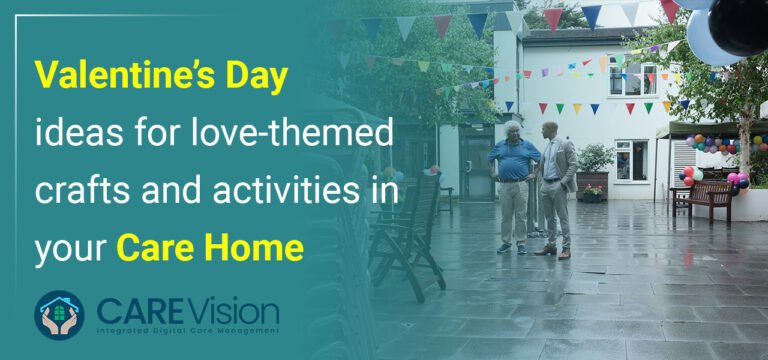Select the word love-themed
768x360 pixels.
pos(309,134)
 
